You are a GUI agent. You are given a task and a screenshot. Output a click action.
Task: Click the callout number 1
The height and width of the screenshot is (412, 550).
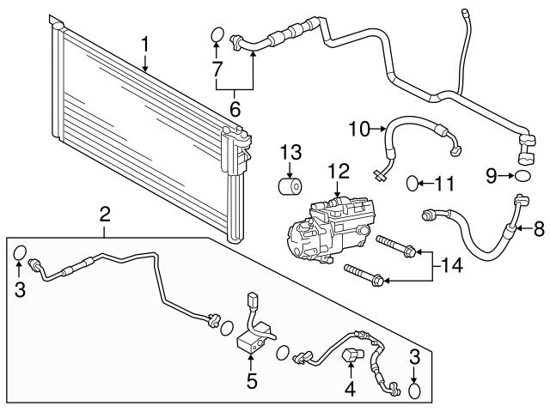pos(146,43)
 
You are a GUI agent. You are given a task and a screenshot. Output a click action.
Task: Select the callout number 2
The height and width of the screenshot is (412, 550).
pos(105,213)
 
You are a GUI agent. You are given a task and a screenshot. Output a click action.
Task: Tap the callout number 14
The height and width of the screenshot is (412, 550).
pos(452,266)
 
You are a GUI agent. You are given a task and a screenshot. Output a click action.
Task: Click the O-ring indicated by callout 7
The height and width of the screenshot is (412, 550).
pos(217,34)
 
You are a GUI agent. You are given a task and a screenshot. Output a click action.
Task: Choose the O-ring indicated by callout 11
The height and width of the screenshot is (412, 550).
pos(412,183)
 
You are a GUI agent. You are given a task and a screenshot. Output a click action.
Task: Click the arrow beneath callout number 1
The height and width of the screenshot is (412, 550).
pos(146,63)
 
